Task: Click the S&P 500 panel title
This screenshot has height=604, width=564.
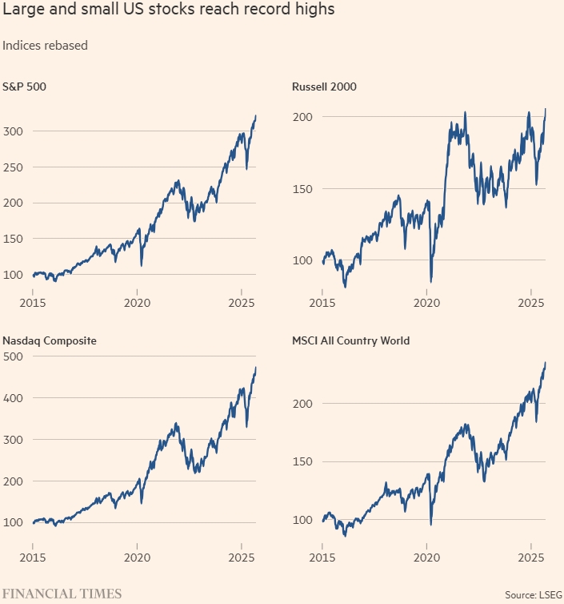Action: point(25,86)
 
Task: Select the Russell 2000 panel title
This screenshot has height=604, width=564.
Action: point(323,86)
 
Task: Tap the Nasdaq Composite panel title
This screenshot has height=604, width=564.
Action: point(50,340)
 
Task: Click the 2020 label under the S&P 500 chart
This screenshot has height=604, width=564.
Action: point(138,303)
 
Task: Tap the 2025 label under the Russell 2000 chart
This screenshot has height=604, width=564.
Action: point(531,303)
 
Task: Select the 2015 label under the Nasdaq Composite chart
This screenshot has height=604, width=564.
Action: point(33,558)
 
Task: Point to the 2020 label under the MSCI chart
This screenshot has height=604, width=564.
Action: point(427,558)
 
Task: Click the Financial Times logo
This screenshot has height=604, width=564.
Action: point(62,594)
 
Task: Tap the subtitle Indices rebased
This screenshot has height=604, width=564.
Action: point(45,46)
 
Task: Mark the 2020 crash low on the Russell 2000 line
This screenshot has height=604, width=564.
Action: point(431,282)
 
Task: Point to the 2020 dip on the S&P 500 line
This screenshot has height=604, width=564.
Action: point(142,266)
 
